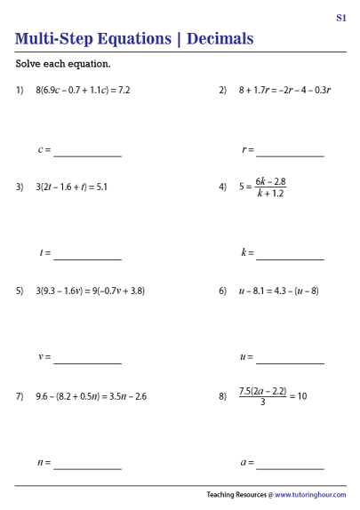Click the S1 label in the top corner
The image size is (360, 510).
coord(341,17)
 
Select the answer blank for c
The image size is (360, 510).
coord(87,155)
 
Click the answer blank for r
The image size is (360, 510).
coord(291,155)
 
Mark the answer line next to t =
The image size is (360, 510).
coord(87,258)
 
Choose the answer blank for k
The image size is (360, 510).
coord(291,258)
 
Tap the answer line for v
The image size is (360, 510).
coord(87,362)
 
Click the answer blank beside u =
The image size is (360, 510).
coord(291,362)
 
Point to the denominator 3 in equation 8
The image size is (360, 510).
coord(262,402)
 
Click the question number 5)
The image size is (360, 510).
coord(19,291)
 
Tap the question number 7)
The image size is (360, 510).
coord(19,396)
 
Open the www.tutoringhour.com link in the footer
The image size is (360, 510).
coord(310,495)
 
